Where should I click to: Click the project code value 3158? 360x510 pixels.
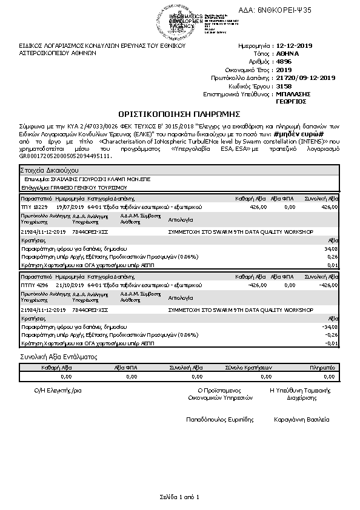(282, 87)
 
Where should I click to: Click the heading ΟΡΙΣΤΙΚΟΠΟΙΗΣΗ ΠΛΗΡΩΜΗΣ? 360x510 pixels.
(179, 113)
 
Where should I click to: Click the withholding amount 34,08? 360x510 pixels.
(331, 248)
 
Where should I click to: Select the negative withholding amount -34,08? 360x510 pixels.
(330, 326)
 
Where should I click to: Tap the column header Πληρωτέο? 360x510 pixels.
(322, 367)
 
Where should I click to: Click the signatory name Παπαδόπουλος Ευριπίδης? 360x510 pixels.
(219, 419)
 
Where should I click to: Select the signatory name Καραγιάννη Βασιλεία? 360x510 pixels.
(301, 419)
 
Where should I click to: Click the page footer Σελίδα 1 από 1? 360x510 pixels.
(180, 497)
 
